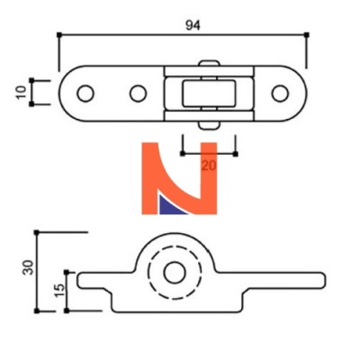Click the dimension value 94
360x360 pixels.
pyautogui.click(x=193, y=25)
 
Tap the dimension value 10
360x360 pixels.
pyautogui.click(x=21, y=93)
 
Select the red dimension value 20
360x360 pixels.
pyautogui.click(x=209, y=166)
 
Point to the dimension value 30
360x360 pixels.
pyautogui.click(x=28, y=267)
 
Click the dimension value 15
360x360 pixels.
pyautogui.click(x=59, y=290)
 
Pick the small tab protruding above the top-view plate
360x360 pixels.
pyautogui.click(x=209, y=63)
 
